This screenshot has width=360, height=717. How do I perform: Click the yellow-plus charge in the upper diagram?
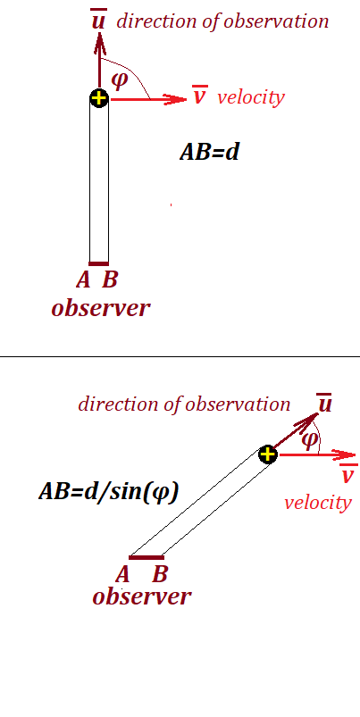tap(99, 98)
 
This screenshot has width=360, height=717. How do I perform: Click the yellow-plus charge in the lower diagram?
tap(268, 454)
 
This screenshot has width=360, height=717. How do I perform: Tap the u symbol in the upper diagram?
tap(98, 21)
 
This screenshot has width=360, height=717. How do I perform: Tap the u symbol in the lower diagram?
tap(324, 404)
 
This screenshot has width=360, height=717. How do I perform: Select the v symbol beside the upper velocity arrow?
tap(199, 96)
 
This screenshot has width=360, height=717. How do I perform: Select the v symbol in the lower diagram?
tap(348, 473)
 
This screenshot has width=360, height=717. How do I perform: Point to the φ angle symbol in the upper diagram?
tap(121, 79)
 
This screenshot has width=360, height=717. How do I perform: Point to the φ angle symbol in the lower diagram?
tap(310, 439)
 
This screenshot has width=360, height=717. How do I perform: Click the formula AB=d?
tap(210, 152)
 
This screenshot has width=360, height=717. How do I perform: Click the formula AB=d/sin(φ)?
tap(109, 492)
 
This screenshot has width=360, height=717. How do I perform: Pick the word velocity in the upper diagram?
tap(251, 97)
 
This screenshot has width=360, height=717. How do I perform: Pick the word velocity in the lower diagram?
tap(318, 503)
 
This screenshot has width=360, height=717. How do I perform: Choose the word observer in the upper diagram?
tap(101, 308)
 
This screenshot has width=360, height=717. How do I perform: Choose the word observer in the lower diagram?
tap(142, 596)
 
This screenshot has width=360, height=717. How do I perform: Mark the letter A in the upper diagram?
tap(83, 279)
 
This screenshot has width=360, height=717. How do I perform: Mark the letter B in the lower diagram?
tap(160, 574)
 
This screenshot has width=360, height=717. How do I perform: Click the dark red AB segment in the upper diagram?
tap(99, 263)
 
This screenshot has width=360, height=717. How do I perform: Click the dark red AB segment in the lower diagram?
tap(147, 557)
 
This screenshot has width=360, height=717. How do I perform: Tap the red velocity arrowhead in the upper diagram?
tap(176, 99)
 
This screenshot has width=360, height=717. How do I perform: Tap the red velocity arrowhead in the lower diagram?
tap(344, 455)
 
